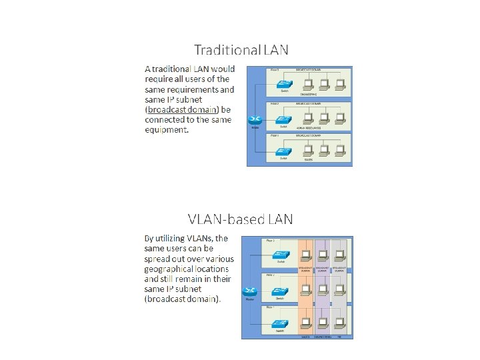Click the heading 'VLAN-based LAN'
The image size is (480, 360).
point(241,219)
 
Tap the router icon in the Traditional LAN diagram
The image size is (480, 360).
point(255,121)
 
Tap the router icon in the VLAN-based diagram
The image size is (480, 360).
point(251,291)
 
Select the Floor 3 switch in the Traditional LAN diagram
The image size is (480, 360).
point(283,85)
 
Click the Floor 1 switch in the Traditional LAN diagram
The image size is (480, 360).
point(283,152)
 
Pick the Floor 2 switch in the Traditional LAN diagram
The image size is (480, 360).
point(283,119)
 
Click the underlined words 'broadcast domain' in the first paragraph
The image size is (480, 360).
point(179,109)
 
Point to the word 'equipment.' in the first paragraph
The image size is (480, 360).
point(167,129)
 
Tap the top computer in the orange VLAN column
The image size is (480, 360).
point(307,254)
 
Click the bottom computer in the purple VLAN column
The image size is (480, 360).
point(323,324)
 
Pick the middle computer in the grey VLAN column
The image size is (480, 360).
point(340,289)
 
